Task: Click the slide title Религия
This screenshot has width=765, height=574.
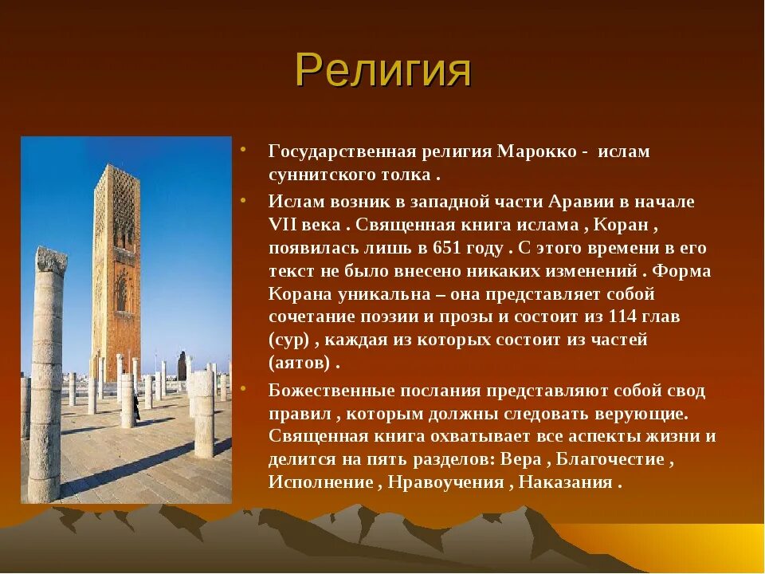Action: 383,71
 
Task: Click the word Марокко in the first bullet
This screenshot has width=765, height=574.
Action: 536,151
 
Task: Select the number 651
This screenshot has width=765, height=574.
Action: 447,248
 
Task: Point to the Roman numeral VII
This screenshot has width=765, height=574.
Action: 282,225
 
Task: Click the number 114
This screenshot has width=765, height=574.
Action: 622,316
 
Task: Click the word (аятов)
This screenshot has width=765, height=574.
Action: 300,364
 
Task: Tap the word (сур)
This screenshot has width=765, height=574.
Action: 289,340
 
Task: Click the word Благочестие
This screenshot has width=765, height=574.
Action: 610,459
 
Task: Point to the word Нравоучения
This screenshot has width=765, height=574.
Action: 446,482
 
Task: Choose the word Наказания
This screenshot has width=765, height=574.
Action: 565,482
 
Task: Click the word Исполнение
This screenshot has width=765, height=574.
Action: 321,482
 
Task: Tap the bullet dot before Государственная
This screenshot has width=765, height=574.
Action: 243,148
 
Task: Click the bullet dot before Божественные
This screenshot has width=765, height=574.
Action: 243,388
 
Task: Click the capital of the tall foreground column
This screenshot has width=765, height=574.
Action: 51,260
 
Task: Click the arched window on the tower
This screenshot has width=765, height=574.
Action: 121,291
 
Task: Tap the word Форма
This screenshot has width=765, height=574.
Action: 681,271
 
